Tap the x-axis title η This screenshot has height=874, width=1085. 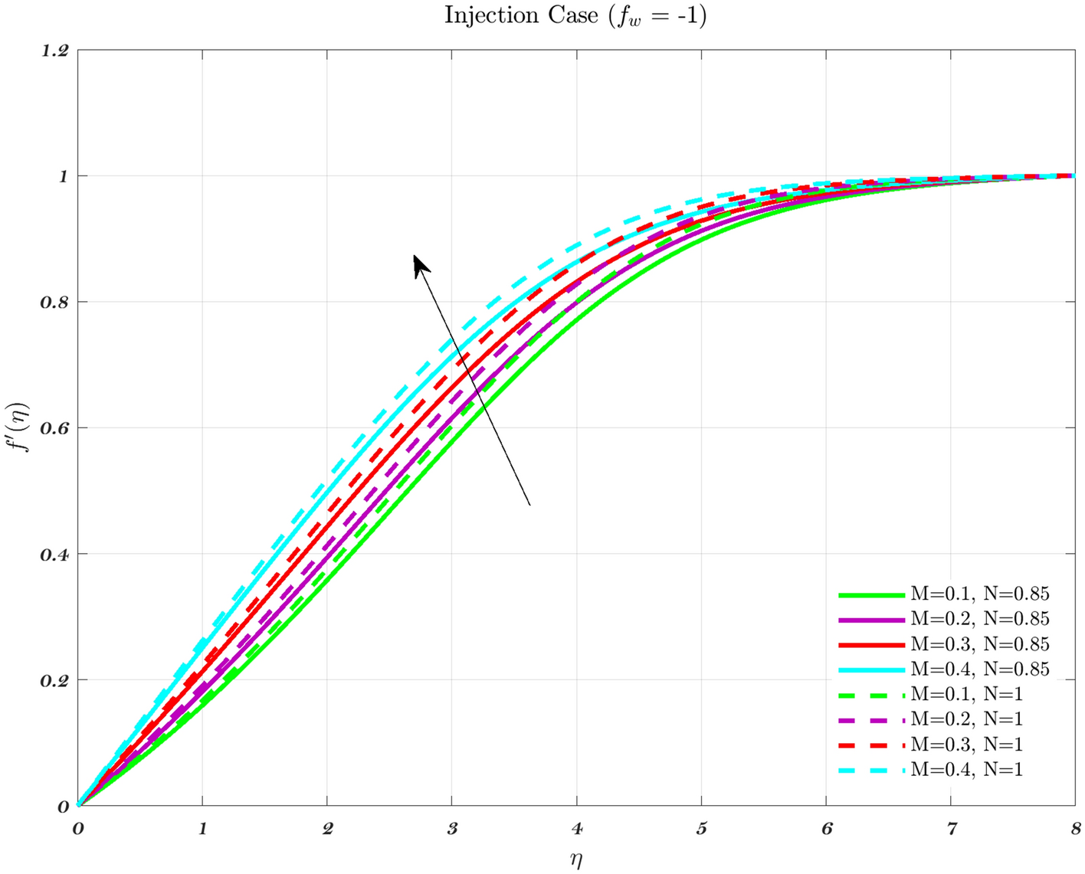click(x=576, y=860)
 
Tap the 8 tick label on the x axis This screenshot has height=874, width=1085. click(x=1076, y=829)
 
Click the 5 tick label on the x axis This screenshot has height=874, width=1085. click(x=702, y=829)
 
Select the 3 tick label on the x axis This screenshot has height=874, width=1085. click(x=452, y=829)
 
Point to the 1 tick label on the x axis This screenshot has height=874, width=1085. click(x=202, y=829)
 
